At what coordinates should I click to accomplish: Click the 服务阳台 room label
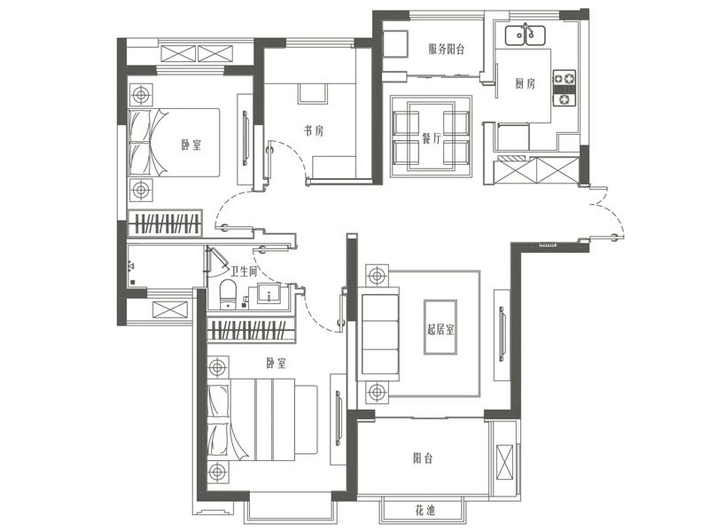(x=447, y=49)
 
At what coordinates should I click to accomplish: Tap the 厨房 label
(x=525, y=83)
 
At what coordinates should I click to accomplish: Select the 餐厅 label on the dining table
(x=432, y=138)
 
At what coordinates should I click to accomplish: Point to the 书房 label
(x=314, y=131)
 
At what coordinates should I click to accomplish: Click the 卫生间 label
(x=244, y=271)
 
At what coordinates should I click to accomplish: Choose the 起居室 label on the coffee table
(x=440, y=328)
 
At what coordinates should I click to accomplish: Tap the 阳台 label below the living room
(x=423, y=458)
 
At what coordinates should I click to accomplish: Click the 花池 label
(x=425, y=512)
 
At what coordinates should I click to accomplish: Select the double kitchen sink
(x=525, y=35)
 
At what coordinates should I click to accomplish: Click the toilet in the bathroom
(x=228, y=294)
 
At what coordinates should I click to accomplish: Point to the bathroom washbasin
(x=269, y=293)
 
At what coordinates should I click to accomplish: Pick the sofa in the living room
(x=379, y=334)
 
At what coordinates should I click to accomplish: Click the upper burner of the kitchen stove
(x=565, y=79)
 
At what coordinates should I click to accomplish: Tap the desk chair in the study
(x=313, y=93)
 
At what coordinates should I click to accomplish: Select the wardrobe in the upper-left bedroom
(x=165, y=223)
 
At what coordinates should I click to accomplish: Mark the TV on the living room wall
(x=502, y=334)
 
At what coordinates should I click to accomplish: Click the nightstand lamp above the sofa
(x=377, y=275)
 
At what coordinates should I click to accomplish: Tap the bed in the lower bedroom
(x=262, y=419)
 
